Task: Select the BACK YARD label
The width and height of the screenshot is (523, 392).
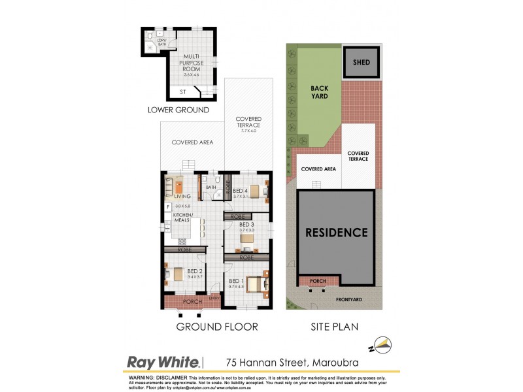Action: coord(319,92)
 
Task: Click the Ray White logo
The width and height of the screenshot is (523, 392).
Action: coord(163,361)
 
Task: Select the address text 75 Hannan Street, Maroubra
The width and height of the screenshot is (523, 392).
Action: coord(292,362)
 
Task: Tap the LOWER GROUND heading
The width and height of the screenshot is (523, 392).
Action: coord(178,110)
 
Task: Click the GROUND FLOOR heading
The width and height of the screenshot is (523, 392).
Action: coord(216,327)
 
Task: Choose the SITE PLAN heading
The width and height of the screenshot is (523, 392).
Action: coord(333,327)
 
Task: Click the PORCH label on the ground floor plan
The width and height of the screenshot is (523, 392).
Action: coord(192,302)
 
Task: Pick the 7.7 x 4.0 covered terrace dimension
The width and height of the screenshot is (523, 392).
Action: coord(248,131)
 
